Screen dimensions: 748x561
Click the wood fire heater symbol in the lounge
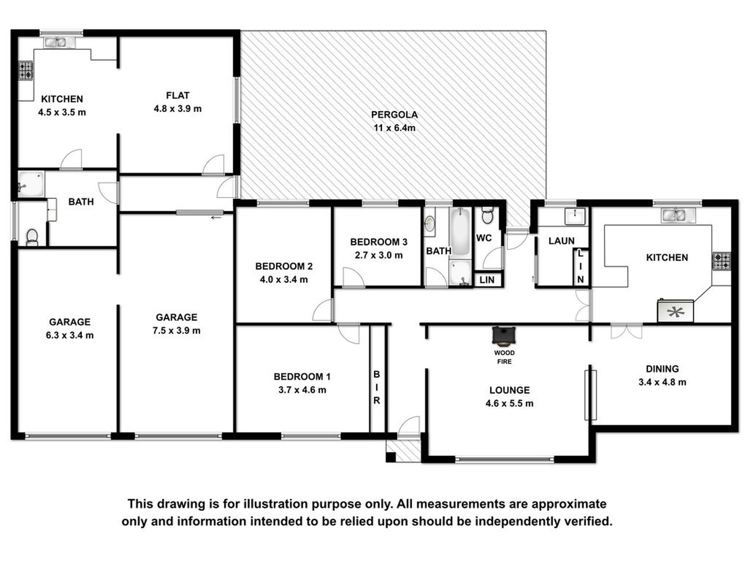click(x=504, y=336)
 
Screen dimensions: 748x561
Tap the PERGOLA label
click(x=394, y=115)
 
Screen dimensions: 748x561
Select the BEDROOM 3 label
click(x=379, y=242)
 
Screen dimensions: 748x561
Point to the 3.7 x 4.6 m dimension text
click(x=302, y=390)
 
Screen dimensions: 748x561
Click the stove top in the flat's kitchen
click(x=26, y=70)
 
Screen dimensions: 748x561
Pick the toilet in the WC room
click(x=487, y=215)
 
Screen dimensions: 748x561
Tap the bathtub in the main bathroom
click(x=460, y=232)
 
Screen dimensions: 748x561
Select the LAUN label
click(x=561, y=241)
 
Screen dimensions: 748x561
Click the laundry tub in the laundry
click(x=575, y=216)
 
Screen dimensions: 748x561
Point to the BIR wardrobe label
click(x=377, y=387)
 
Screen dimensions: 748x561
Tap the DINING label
click(x=662, y=369)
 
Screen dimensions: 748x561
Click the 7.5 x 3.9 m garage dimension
click(x=176, y=330)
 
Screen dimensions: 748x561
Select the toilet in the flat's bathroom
click(x=32, y=238)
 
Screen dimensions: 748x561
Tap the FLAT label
click(x=178, y=95)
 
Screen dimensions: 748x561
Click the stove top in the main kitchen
click(x=722, y=261)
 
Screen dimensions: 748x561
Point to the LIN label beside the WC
click(x=487, y=280)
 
